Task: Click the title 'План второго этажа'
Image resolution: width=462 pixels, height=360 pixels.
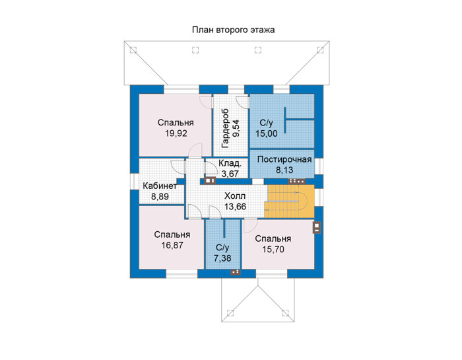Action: click(x=234, y=30)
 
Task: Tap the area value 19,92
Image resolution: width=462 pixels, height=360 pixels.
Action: click(x=176, y=133)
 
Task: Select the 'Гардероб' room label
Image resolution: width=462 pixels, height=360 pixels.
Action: click(x=226, y=128)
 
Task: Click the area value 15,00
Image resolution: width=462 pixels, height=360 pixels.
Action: click(x=267, y=133)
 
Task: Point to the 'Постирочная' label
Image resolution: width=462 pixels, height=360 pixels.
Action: click(x=284, y=159)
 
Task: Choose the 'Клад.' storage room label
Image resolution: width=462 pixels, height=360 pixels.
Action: click(x=230, y=163)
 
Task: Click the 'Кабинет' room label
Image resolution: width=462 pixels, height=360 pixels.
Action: click(x=160, y=186)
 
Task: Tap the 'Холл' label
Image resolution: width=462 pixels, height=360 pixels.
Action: click(x=235, y=196)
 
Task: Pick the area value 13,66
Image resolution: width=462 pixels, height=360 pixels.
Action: click(x=235, y=207)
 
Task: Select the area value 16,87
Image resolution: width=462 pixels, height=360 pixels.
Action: click(x=172, y=245)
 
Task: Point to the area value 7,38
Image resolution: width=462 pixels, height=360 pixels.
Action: click(x=222, y=258)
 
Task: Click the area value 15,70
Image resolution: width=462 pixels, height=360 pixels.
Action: click(x=273, y=250)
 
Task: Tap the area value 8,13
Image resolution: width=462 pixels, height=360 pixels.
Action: click(x=284, y=170)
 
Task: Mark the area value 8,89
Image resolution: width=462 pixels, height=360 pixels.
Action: click(x=160, y=197)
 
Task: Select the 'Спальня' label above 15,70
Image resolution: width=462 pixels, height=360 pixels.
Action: click(x=273, y=239)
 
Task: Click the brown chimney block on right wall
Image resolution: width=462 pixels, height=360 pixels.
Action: click(x=316, y=227)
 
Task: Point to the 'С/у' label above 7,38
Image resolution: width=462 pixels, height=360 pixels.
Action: click(x=222, y=248)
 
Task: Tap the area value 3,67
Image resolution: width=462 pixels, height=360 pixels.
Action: click(x=230, y=174)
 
